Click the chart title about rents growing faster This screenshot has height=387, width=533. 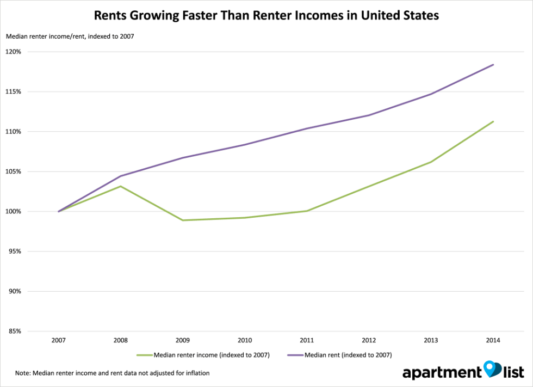[266, 15]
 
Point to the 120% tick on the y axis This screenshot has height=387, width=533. [14, 52]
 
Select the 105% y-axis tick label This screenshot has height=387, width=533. [14, 171]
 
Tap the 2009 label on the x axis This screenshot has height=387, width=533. [183, 340]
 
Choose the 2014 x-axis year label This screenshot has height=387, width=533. [493, 340]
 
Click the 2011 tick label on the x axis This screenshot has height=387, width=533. [307, 340]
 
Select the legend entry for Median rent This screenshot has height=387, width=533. [339, 354]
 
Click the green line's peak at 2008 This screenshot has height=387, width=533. [121, 186]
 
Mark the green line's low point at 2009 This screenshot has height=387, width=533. [183, 220]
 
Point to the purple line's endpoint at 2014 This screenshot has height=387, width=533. [493, 65]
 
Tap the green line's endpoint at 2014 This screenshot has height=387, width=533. [493, 121]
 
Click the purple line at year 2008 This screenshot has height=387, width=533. [121, 176]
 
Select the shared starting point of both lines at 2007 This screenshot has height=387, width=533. [59, 211]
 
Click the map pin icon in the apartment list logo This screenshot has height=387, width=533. [492, 369]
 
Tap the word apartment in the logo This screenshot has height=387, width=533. [441, 373]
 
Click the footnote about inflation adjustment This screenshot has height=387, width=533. [113, 373]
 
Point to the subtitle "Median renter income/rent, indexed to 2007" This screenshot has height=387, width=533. [70, 36]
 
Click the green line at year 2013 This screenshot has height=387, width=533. [431, 162]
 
